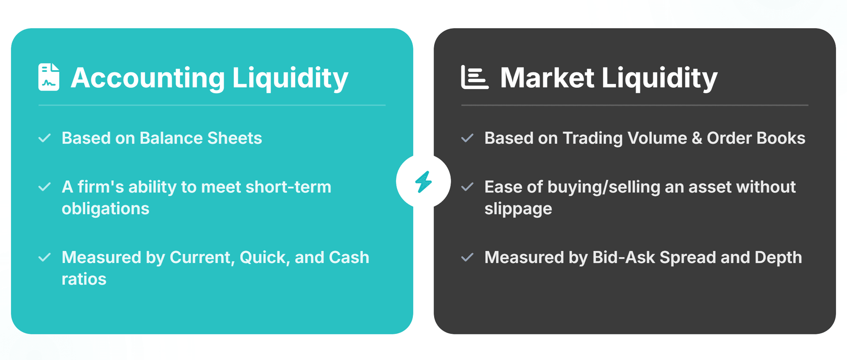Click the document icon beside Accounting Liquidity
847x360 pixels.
coord(49,77)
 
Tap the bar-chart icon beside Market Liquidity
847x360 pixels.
coord(474,77)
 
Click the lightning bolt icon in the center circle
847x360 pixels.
coord(423,181)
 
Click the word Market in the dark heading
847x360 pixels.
coord(547,78)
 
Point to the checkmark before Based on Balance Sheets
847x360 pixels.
coord(45,138)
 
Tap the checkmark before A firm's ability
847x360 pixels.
coord(45,187)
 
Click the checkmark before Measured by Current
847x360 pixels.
coord(45,258)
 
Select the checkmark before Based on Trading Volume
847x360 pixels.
coord(467,138)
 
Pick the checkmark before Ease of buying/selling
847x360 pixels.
coord(467,187)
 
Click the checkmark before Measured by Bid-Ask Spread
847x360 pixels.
coord(467,258)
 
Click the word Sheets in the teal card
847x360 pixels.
coord(234,138)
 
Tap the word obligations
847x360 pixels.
coord(105,209)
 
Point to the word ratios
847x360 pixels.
coord(84,279)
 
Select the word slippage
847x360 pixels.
coord(518,209)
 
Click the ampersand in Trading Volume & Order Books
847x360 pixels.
coord(697,138)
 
